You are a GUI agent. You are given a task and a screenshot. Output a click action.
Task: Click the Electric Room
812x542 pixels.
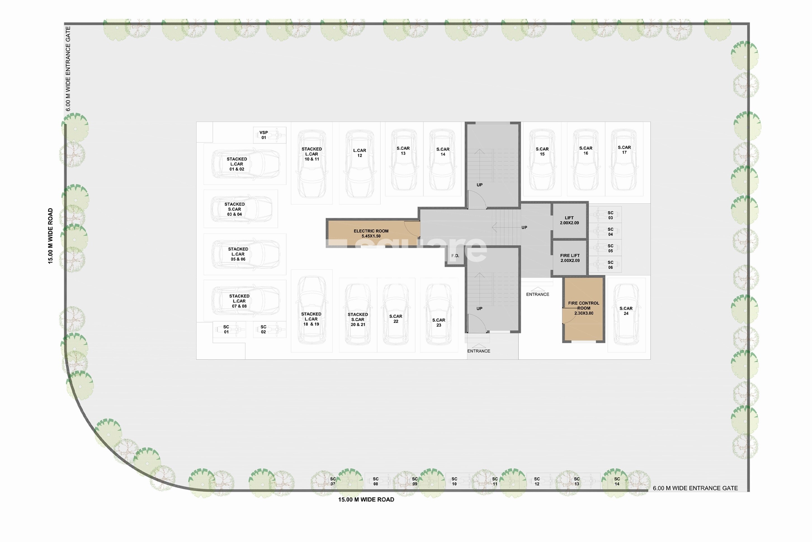(x=371, y=233)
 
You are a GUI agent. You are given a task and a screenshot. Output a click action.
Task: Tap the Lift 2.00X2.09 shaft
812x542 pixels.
(x=569, y=220)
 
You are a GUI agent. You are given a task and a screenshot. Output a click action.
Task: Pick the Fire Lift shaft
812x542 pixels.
(x=570, y=258)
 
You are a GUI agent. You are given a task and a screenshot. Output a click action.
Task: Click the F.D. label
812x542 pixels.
(x=455, y=256)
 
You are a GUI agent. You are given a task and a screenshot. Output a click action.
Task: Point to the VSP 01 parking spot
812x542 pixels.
(x=269, y=135)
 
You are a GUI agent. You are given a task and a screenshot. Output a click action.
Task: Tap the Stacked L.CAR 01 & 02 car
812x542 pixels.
(x=245, y=164)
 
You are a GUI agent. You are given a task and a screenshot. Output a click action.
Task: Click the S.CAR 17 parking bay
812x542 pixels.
(x=624, y=160)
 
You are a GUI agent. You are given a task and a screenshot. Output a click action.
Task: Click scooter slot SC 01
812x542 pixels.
(x=229, y=329)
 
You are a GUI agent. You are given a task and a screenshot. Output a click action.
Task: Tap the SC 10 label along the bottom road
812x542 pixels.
(x=454, y=481)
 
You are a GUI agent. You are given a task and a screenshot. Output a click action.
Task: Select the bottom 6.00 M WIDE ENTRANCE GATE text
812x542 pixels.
(x=695, y=488)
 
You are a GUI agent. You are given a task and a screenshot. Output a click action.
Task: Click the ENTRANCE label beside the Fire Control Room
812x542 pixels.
(x=537, y=294)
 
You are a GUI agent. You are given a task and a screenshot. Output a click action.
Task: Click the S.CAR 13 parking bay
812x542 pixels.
(x=403, y=160)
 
